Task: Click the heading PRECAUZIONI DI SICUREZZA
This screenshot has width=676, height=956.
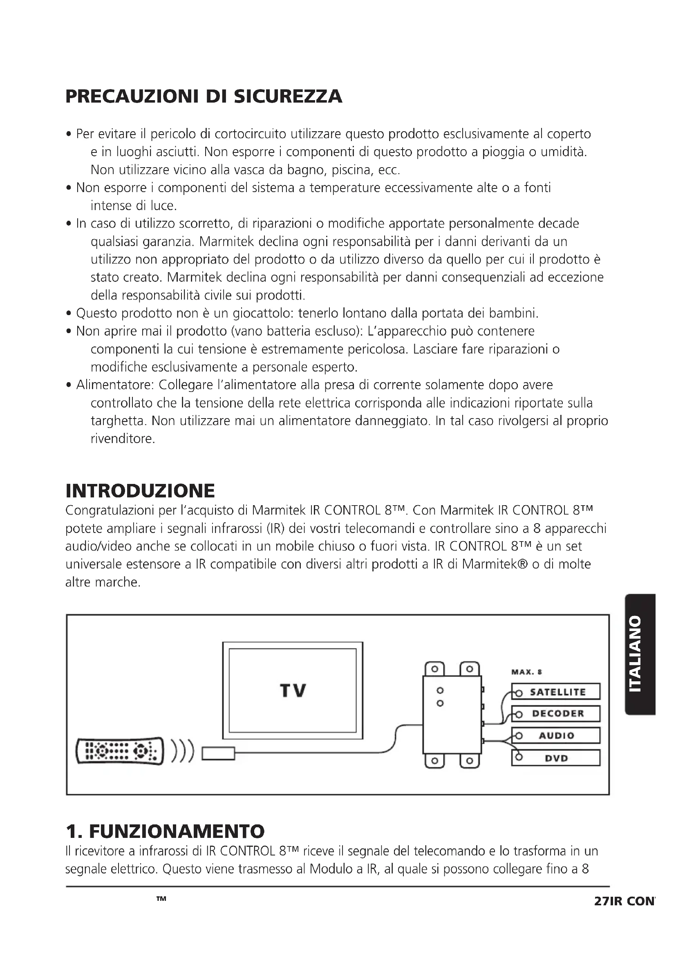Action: [204, 96]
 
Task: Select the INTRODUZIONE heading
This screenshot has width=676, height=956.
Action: [140, 491]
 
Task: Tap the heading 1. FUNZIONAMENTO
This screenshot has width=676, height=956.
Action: [165, 831]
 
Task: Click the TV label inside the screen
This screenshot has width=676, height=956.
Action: [293, 691]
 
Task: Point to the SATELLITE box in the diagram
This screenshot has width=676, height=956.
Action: [556, 692]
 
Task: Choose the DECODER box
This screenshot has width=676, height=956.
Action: [556, 714]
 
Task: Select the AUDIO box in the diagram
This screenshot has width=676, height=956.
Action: [556, 736]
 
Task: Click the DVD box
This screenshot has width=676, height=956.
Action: [556, 758]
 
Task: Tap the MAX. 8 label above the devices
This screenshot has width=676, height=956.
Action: [526, 672]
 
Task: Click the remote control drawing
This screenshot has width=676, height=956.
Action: [120, 751]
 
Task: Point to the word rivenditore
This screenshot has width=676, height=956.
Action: [122, 439]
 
